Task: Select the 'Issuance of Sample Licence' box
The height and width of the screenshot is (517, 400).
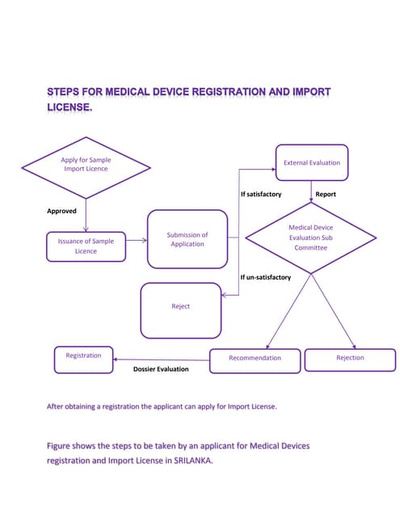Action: point(86,246)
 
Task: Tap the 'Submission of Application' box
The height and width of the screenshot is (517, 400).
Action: point(187,239)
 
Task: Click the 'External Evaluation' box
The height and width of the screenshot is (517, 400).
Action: point(312,162)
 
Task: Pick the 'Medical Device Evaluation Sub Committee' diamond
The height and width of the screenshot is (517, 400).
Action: point(311,237)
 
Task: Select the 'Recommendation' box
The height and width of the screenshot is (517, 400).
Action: point(255,359)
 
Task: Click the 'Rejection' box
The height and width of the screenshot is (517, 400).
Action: point(350,359)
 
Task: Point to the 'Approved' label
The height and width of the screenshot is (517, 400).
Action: point(62,212)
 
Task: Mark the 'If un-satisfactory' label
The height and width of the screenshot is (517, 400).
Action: point(266,278)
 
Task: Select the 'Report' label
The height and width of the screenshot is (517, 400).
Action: point(326,195)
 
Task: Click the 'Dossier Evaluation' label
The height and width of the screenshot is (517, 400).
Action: point(161,369)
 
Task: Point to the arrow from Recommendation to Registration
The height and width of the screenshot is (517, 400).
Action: point(161,359)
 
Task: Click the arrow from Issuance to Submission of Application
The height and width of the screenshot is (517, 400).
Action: point(137,240)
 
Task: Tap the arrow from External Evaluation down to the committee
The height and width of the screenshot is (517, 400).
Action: point(312,191)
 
